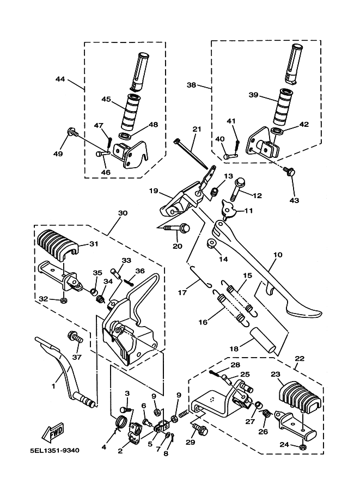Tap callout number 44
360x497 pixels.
(60, 78)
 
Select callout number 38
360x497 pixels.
(191, 85)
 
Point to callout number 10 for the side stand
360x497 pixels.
(278, 255)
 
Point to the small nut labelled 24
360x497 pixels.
(303, 447)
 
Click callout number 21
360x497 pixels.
(197, 130)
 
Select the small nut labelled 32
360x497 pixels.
(64, 300)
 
